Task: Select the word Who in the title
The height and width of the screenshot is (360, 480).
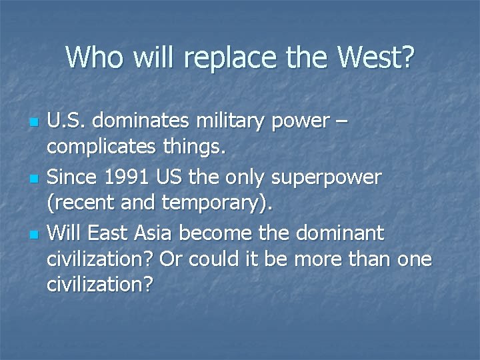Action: pos(90,57)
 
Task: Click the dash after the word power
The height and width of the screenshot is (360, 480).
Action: pos(341,122)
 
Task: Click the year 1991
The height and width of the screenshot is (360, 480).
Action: pos(132,177)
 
